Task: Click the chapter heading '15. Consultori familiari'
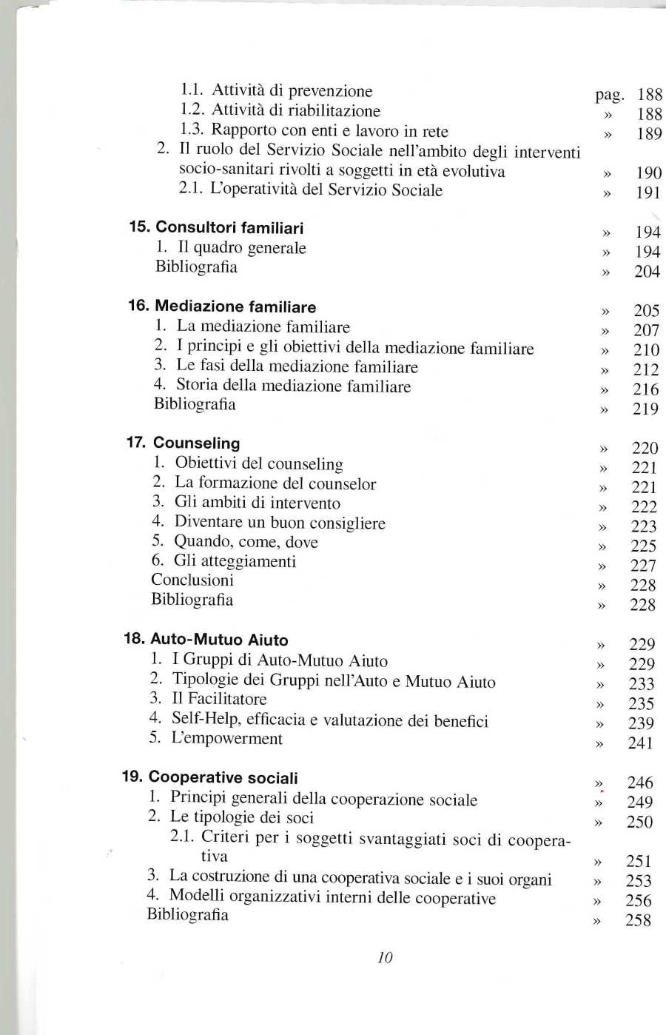coord(216,228)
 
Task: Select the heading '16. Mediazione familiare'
coord(222,307)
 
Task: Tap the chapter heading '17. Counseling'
coord(184,443)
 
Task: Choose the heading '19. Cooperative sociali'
coord(210,777)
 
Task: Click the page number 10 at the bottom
coord(385,957)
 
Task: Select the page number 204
coord(647,272)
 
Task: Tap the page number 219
coord(645,409)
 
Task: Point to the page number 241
coord(641,743)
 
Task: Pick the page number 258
coord(638,920)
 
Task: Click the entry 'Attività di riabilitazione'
coord(296,111)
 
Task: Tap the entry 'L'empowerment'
coord(226,739)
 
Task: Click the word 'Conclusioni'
coord(192,580)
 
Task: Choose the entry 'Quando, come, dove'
coord(246,542)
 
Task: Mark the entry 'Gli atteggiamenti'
coord(235,561)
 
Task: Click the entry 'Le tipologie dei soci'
coord(242,817)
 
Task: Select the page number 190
coord(649,173)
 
